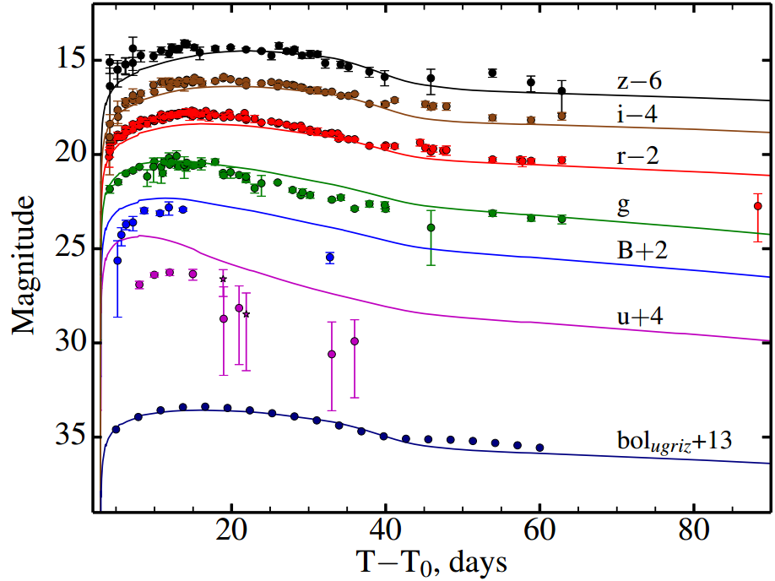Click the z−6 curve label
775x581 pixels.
638,82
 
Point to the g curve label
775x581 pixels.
624,208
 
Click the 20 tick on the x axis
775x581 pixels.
231,534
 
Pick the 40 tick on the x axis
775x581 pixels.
385,534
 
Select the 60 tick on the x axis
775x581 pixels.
539,534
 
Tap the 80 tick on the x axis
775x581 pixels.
693,534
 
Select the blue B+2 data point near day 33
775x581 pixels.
330,257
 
